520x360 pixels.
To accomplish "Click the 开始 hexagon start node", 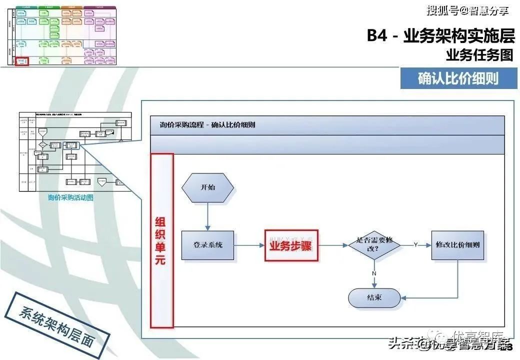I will (x=207, y=187).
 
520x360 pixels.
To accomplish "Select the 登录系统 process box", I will (x=207, y=245).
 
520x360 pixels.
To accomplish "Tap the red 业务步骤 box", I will (x=291, y=245).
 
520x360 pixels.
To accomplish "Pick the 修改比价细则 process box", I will (x=457, y=245).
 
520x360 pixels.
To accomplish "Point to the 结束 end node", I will (x=374, y=297).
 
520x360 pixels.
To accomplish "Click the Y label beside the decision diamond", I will (x=415, y=244).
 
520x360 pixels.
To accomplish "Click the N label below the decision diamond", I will (x=374, y=273).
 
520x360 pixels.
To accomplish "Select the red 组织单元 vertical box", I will (x=161, y=240).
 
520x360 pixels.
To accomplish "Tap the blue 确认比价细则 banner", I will (x=457, y=78).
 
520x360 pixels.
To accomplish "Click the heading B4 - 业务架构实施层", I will (x=440, y=36).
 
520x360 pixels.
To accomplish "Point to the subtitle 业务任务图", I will (x=479, y=55).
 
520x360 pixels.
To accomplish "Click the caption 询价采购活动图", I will (x=70, y=197).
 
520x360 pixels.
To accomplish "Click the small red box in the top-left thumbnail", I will (x=22, y=61).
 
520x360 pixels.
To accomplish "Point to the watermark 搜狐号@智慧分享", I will (x=467, y=10).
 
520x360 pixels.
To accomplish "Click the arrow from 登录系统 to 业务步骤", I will (x=249, y=245).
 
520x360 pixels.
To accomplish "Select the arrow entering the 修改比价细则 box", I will (x=423, y=245).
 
